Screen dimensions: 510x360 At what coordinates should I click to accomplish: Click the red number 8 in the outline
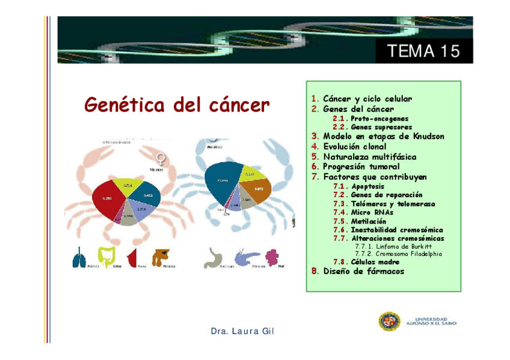315,271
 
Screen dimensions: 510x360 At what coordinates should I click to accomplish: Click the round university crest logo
389,322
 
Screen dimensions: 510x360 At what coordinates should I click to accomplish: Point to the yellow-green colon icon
107,257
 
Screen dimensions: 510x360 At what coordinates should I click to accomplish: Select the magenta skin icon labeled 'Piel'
271,257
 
